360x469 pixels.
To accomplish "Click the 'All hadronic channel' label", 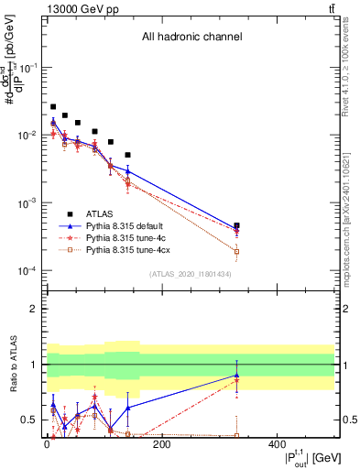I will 191,38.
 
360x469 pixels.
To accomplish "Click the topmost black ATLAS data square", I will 53,107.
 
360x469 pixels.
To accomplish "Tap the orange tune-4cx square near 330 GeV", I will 236,251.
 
